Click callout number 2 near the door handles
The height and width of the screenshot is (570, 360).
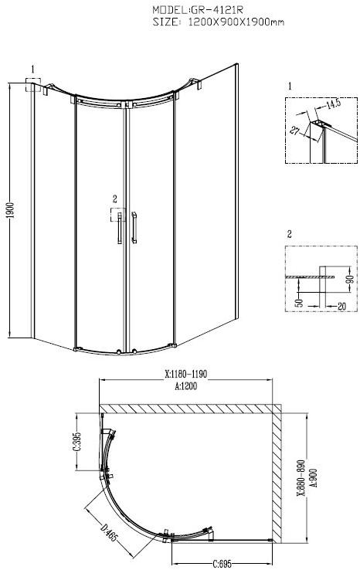[x=114, y=198]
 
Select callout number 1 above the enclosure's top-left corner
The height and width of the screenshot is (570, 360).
[x=33, y=69]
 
